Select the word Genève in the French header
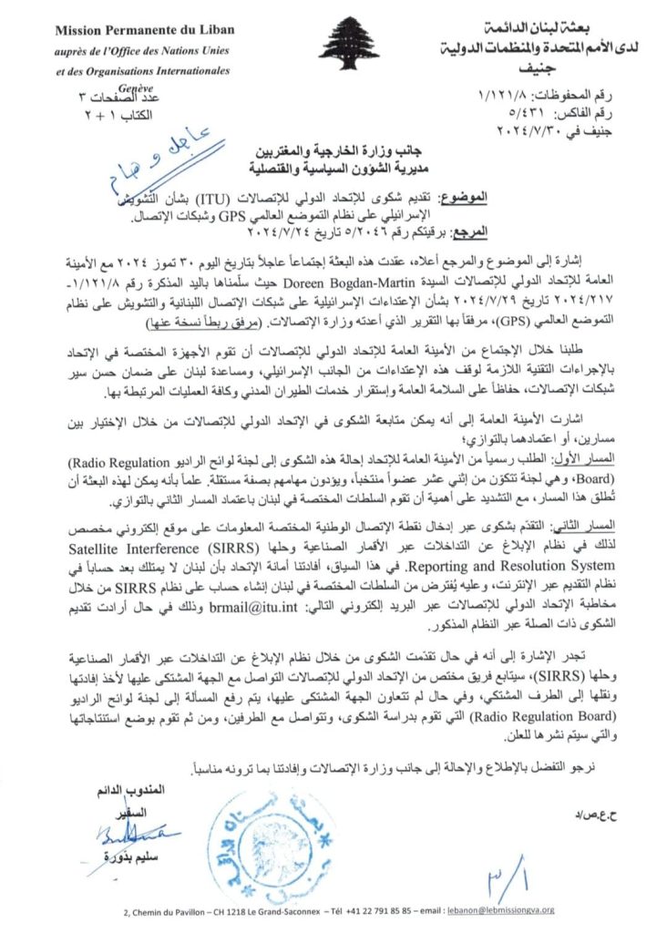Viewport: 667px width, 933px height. click(x=142, y=79)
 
